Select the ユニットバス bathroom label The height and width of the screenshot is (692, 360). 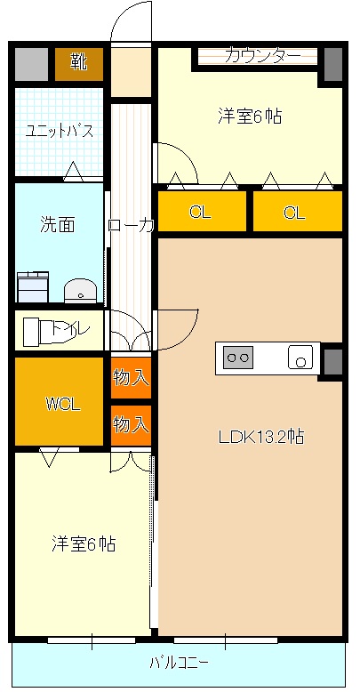tap(59, 131)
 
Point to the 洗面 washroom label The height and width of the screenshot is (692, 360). tap(57, 224)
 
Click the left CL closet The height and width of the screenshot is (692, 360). tap(201, 212)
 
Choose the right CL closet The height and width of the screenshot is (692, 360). tap(296, 212)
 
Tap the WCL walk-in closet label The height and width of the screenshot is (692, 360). tap(63, 403)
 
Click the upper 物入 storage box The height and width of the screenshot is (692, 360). tap(131, 377)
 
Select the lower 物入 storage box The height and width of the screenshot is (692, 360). tap(131, 424)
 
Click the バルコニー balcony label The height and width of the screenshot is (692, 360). tap(179, 663)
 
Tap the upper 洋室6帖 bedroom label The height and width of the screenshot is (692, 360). tap(251, 116)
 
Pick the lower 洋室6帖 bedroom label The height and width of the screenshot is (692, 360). tap(84, 543)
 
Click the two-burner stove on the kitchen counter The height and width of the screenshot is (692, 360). tap(238, 358)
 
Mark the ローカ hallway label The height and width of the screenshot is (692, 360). tap(131, 225)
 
